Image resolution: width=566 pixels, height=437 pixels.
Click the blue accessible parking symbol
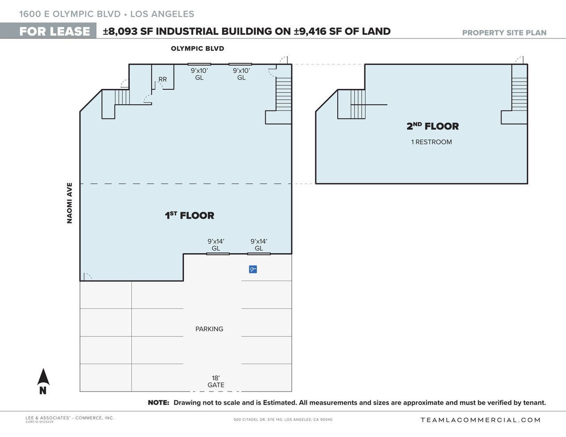(x=252, y=269)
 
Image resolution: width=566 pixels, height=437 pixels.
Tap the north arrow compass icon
(x=43, y=381)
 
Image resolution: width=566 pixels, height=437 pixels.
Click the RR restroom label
(x=163, y=80)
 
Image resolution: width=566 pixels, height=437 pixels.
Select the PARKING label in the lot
(x=209, y=329)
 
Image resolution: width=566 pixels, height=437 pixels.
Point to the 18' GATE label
(x=216, y=381)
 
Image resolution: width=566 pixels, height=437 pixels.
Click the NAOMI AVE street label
(x=69, y=203)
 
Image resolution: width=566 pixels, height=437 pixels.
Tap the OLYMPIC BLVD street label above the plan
(x=197, y=49)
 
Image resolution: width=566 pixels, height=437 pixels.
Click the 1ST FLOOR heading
(x=189, y=216)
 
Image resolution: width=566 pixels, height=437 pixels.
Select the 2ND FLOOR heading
(x=432, y=126)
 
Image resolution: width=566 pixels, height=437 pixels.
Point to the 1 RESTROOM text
(x=431, y=142)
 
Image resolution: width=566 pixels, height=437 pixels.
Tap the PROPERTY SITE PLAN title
(x=504, y=33)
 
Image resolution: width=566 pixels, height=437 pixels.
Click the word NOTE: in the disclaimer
(x=158, y=403)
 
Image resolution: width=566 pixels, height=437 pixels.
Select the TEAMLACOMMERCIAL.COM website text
(x=481, y=420)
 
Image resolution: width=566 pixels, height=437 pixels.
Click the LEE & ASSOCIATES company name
(x=69, y=418)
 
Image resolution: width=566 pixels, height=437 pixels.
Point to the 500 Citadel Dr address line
(x=283, y=420)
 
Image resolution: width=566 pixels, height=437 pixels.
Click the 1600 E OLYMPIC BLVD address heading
(x=70, y=14)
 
